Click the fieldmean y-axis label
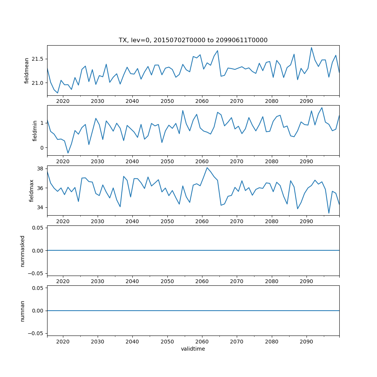click(27, 70)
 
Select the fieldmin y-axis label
click(35, 130)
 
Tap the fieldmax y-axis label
click(32, 190)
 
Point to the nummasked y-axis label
click(22, 251)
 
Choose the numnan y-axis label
click(22, 311)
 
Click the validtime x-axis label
click(193, 349)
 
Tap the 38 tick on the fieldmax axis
click(41, 169)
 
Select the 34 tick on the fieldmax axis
click(41, 207)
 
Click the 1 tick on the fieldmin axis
click(42, 123)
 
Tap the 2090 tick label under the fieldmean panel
click(306, 101)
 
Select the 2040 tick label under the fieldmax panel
click(132, 221)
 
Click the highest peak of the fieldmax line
click(207, 168)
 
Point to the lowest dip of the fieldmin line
click(68, 153)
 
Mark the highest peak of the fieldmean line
click(311, 48)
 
